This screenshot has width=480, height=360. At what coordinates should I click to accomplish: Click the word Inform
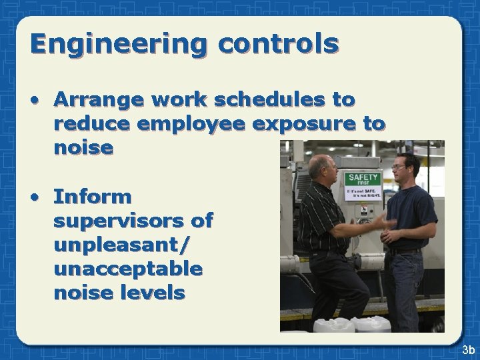(93, 197)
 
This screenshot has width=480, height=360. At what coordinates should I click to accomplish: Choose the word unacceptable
(128, 269)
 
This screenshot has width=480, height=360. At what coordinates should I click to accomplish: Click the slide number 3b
(467, 349)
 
